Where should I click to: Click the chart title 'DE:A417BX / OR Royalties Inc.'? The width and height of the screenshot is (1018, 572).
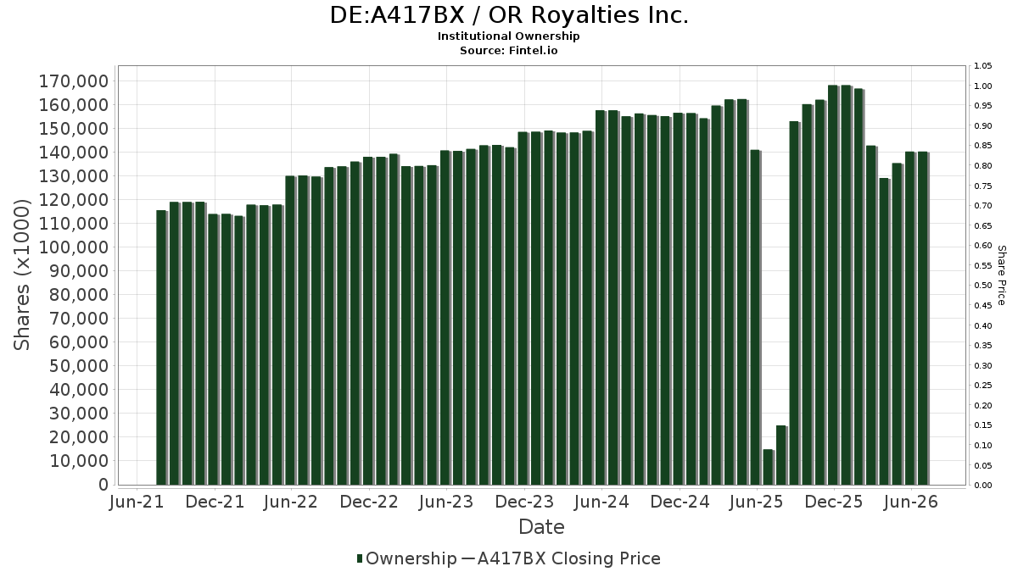tap(509, 15)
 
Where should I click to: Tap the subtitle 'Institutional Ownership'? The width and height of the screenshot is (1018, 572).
tap(508, 36)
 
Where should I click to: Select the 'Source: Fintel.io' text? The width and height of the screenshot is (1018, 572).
tap(508, 50)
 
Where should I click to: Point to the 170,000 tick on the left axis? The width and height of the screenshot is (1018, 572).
tap(74, 81)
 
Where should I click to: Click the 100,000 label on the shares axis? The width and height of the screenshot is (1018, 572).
tap(74, 247)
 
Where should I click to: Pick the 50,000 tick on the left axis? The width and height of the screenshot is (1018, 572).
tap(79, 366)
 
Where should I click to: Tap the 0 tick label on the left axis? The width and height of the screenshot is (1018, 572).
tap(103, 485)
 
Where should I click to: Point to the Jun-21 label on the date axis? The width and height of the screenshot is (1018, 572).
tap(137, 502)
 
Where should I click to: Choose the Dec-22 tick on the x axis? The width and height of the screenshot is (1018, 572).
tap(369, 502)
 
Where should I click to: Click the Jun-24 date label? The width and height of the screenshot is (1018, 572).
tap(601, 502)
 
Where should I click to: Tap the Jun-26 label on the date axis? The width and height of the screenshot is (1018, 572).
tap(911, 502)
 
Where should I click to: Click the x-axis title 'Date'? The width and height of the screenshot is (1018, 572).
tap(541, 527)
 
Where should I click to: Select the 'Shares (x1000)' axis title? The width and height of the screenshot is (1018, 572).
tap(21, 275)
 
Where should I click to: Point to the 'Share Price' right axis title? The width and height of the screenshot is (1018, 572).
tap(1001, 275)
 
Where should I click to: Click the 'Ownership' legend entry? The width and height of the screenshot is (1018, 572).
tap(406, 558)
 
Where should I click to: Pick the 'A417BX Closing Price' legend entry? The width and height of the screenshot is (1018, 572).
tap(562, 558)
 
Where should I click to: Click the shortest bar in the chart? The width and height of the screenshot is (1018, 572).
tap(769, 467)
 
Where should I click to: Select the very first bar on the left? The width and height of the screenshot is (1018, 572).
tap(161, 347)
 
